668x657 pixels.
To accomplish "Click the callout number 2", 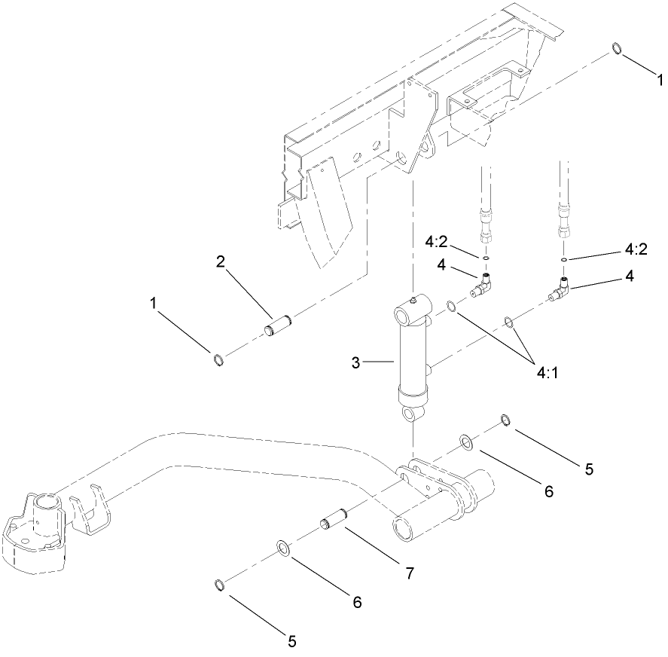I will [x=221, y=262].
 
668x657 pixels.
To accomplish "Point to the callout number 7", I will [x=409, y=573].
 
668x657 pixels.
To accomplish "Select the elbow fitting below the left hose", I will [x=483, y=286].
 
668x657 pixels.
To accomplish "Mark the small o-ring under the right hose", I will [x=563, y=260].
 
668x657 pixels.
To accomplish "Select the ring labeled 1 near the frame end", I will [x=617, y=49].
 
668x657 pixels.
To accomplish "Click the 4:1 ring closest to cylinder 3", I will [x=450, y=306].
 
